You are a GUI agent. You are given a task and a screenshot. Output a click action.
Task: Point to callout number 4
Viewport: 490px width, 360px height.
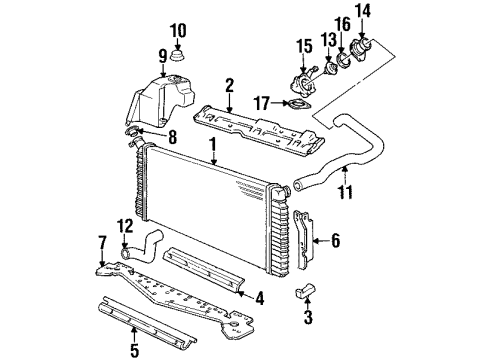pyautogui.click(x=258, y=296)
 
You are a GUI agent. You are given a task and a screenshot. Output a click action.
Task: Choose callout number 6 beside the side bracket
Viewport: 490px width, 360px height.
pyautogui.click(x=335, y=239)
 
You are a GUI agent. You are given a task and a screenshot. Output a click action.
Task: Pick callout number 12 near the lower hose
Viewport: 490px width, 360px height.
pyautogui.click(x=125, y=225)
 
